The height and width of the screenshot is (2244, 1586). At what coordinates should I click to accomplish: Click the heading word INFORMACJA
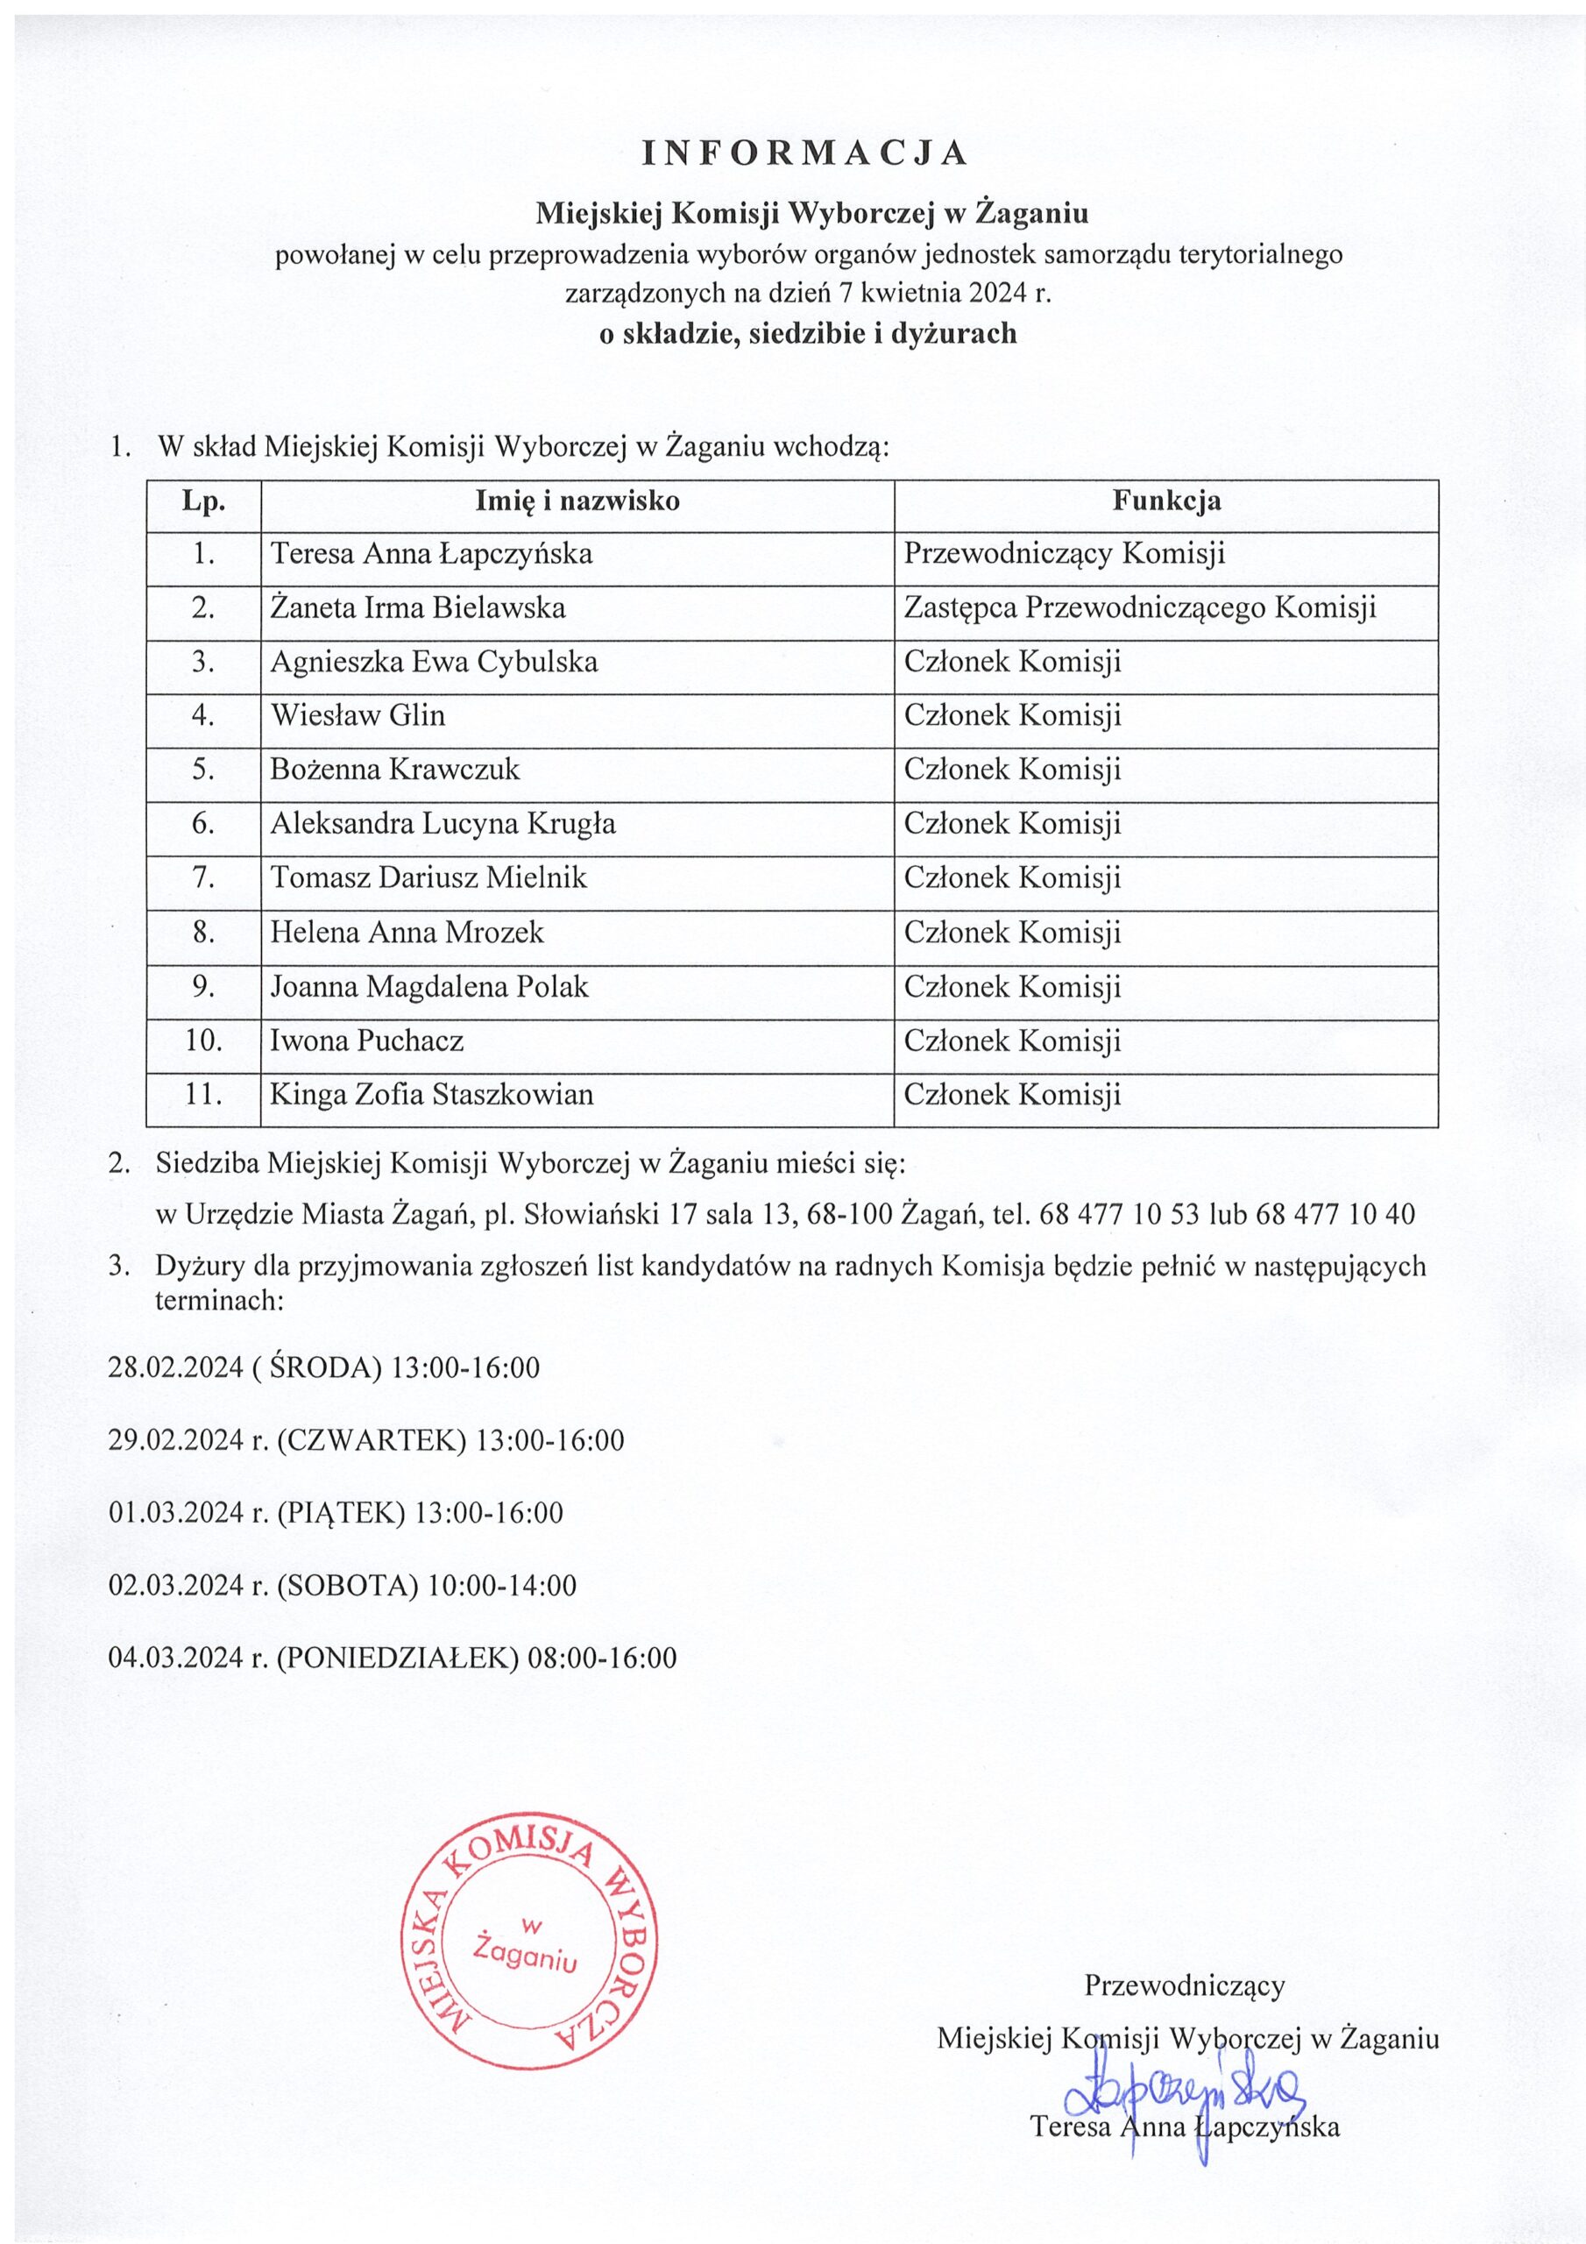(x=804, y=153)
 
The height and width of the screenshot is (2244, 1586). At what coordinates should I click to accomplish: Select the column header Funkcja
(x=1165, y=501)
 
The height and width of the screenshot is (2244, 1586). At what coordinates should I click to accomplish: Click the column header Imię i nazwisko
(x=577, y=501)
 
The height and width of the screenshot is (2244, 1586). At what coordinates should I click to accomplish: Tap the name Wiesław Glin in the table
(x=358, y=715)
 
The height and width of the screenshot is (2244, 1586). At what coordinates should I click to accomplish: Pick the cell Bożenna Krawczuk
(x=395, y=769)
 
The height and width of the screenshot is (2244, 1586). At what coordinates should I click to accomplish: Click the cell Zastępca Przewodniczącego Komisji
(x=1139, y=608)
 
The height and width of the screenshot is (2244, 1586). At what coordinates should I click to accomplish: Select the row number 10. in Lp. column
(x=203, y=1040)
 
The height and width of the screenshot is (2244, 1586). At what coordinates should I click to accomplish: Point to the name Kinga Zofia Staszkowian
(x=432, y=1094)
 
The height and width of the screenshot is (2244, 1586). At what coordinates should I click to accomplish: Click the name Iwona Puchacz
(x=366, y=1040)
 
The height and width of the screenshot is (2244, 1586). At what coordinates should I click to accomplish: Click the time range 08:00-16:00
(x=601, y=1658)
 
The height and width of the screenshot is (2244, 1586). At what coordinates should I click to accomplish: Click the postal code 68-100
(x=849, y=1215)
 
